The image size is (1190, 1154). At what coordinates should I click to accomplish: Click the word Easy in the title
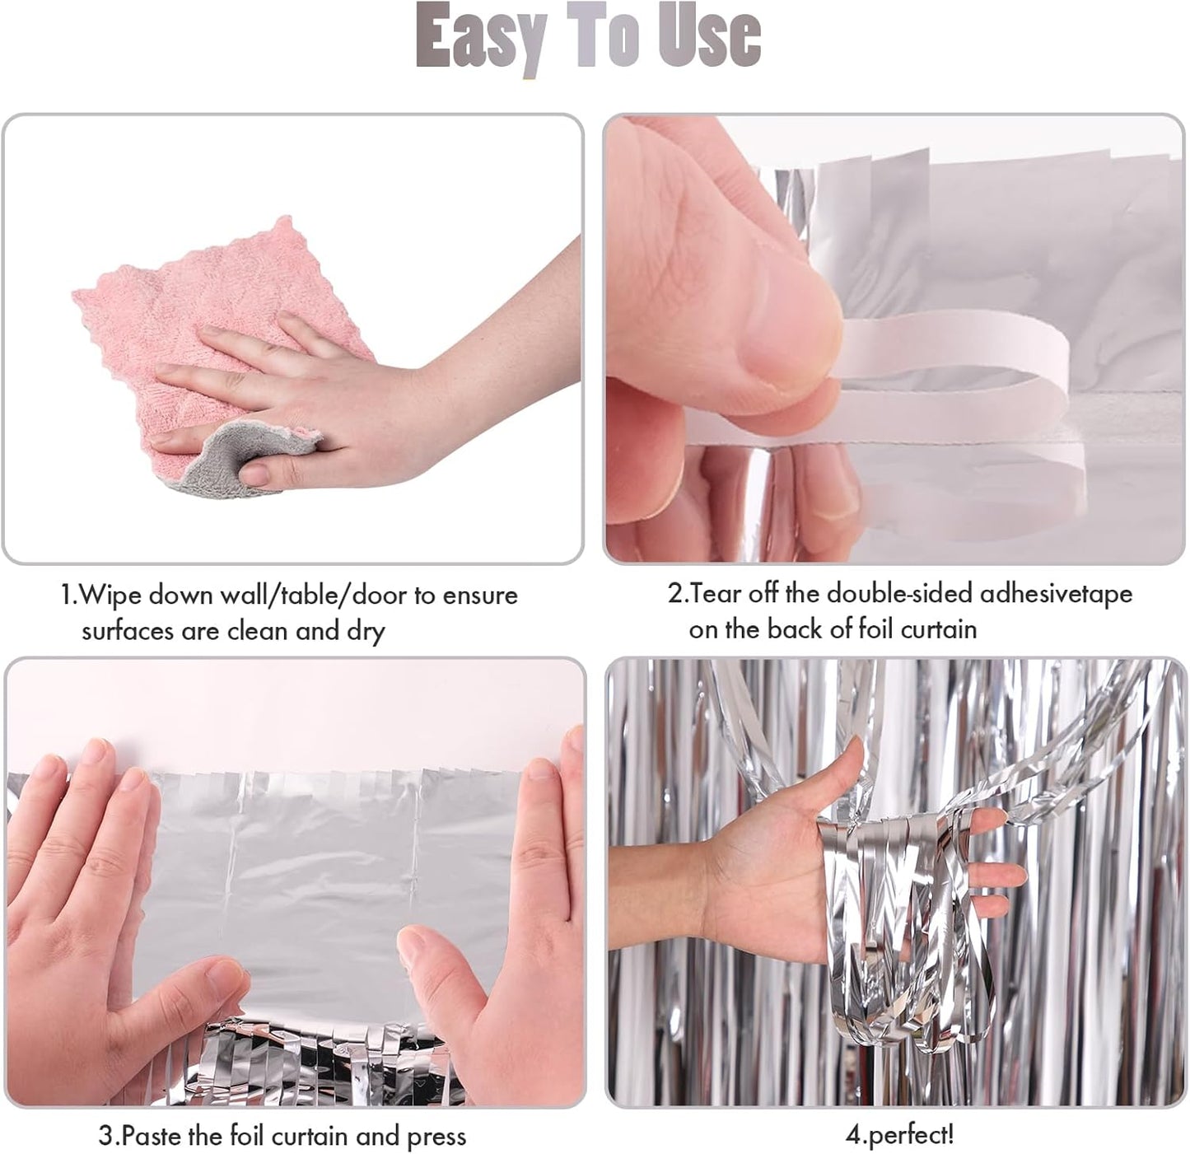tap(481, 37)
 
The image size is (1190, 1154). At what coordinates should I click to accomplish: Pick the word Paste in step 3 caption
tap(152, 1137)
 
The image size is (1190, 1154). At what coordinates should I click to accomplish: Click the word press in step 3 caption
tap(436, 1138)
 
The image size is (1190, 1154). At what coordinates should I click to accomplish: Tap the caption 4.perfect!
tap(899, 1135)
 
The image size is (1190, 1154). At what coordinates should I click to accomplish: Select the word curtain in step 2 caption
tap(938, 629)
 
